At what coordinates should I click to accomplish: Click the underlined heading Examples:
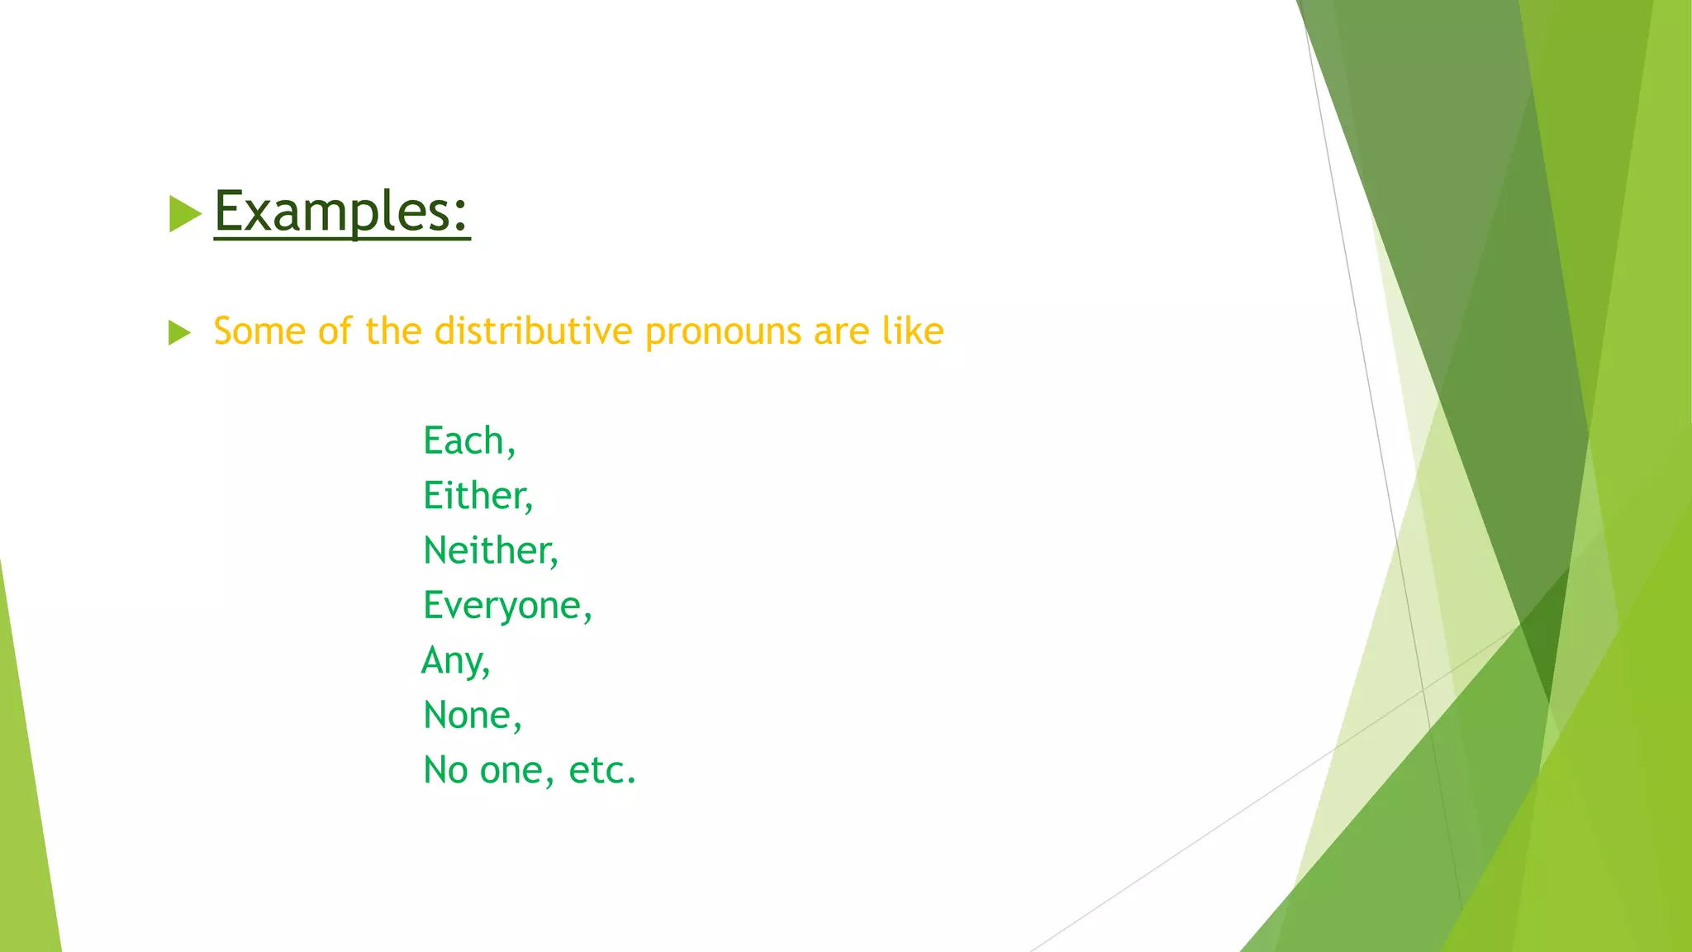[341, 212]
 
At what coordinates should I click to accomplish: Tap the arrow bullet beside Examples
[184, 214]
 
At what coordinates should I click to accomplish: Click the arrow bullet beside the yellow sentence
[179, 333]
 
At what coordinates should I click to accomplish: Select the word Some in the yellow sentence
[259, 331]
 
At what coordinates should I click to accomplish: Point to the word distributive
[534, 331]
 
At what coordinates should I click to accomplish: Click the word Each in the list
[463, 440]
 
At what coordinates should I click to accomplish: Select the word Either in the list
[474, 496]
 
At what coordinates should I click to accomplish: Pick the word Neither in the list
[487, 550]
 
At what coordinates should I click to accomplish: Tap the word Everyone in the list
[503, 606]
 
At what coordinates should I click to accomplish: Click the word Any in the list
[452, 661]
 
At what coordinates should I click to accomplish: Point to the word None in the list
[468, 716]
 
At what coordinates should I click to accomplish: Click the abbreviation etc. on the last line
[602, 770]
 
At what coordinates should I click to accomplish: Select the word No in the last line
[445, 770]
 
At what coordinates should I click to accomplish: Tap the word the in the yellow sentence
[394, 331]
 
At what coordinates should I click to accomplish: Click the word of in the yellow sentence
[335, 331]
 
